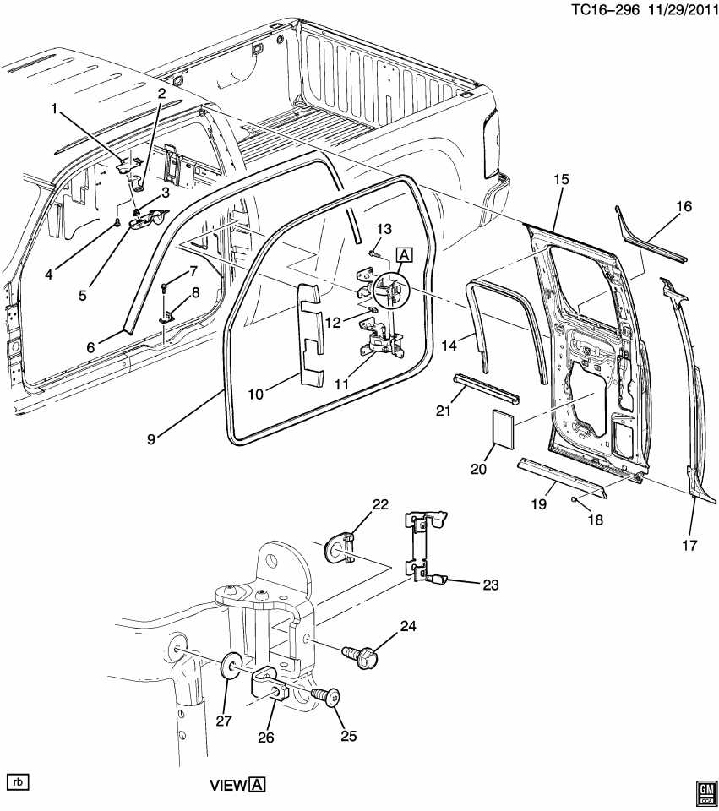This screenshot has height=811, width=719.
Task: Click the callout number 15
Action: tap(562, 180)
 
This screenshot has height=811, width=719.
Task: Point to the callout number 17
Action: tap(689, 545)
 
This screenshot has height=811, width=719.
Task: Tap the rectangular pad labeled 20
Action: tap(501, 428)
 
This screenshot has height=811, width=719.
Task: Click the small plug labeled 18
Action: tap(574, 501)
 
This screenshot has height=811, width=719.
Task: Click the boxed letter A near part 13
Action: tap(403, 254)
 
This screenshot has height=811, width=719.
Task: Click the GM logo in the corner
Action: tap(705, 790)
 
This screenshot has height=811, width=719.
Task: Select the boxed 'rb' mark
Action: tap(18, 781)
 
